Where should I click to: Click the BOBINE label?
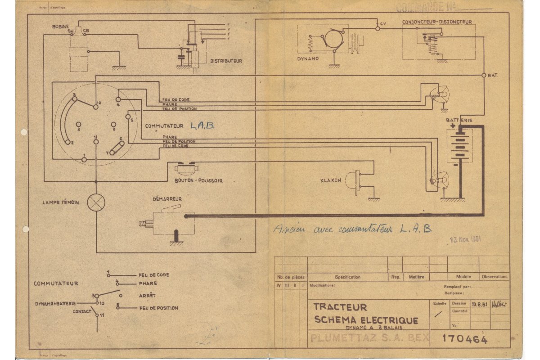pos(59,27)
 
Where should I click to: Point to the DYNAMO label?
pos(308,58)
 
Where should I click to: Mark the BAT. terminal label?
pos(493,75)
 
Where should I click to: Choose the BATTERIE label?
pos(459,120)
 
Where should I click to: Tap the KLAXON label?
pos(331,180)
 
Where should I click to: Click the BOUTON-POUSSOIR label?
pos(198,180)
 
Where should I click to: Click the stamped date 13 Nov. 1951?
pos(465,238)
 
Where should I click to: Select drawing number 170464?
pos(465,339)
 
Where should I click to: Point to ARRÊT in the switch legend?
pos(148,295)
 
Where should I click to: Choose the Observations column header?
pos(494,277)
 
